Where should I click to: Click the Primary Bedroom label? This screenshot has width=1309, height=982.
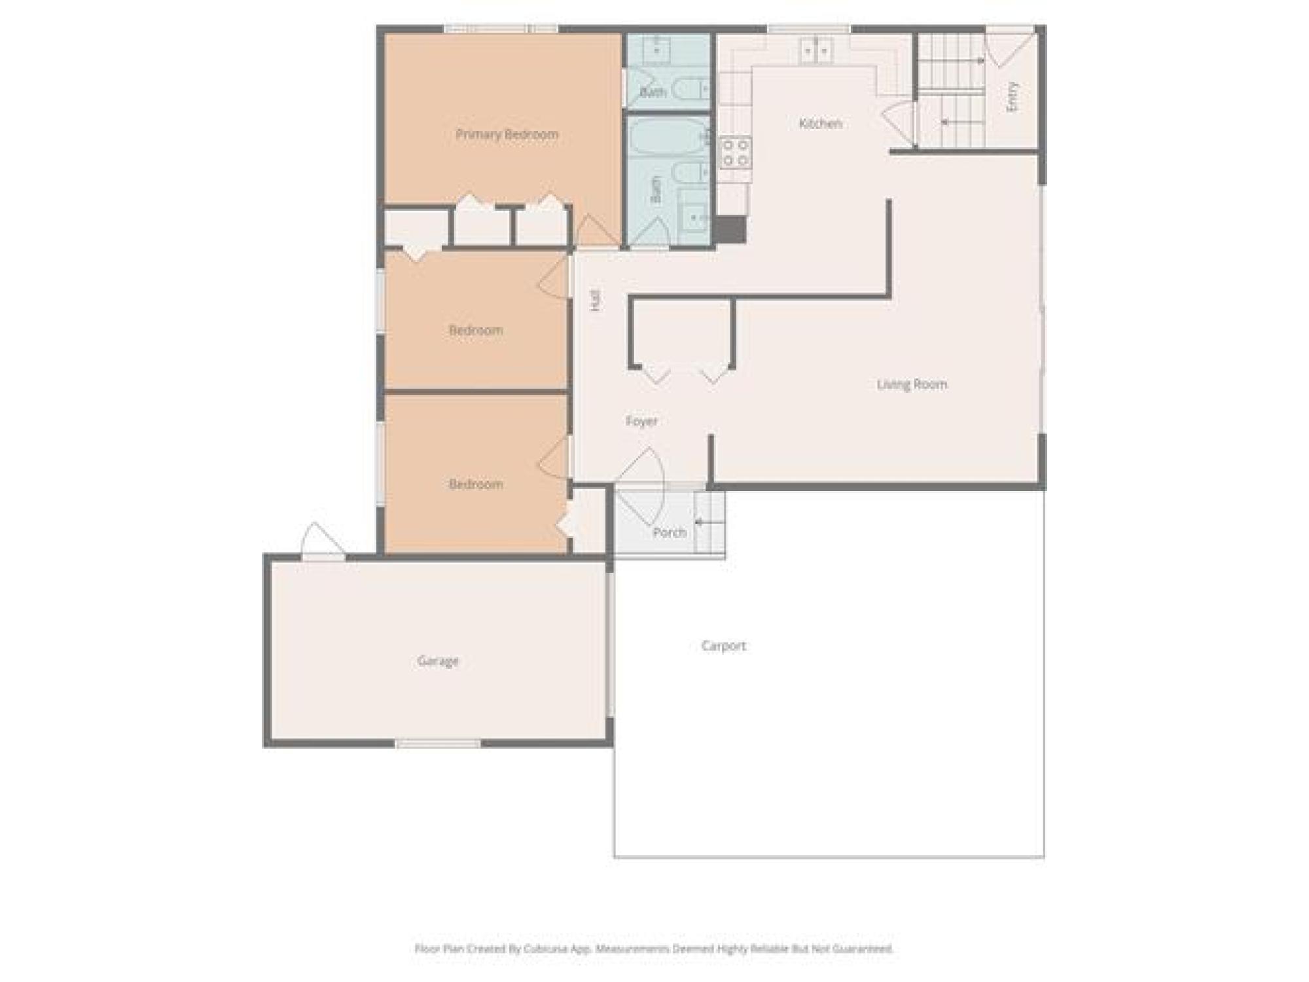pos(507,134)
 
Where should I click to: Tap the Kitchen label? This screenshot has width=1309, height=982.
pos(820,123)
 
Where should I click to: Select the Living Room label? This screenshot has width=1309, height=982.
pos(912,384)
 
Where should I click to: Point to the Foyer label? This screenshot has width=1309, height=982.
pos(641,421)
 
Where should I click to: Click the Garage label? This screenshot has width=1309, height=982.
pos(438,661)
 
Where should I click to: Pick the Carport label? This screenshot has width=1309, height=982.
pos(723,646)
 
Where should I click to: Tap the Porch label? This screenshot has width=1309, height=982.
pos(670,533)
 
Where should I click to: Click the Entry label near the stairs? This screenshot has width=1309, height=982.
pos(1013,96)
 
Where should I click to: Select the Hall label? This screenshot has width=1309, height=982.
pos(595,299)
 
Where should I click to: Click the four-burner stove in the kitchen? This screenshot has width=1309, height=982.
pos(736,152)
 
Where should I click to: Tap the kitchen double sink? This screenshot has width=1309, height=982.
pos(816,50)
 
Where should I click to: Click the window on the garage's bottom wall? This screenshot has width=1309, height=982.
pos(438,744)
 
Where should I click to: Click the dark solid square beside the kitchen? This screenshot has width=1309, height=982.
pos(729,229)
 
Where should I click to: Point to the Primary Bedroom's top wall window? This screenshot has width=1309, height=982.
pos(501,29)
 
